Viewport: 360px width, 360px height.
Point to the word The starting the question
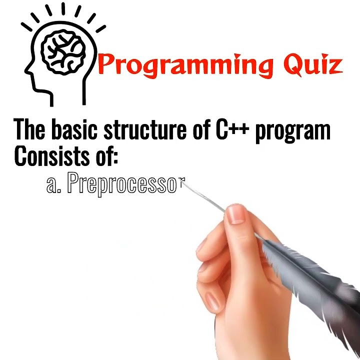pos(31,129)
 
